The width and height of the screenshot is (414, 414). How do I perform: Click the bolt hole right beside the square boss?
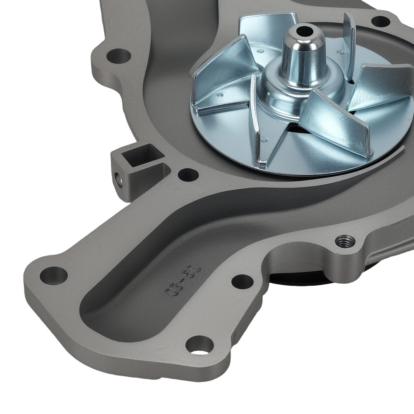pos(188,175)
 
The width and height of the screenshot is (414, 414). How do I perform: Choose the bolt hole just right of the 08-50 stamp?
pos(242,282)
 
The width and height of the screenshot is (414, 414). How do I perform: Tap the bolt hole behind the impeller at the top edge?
pos(381,21)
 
